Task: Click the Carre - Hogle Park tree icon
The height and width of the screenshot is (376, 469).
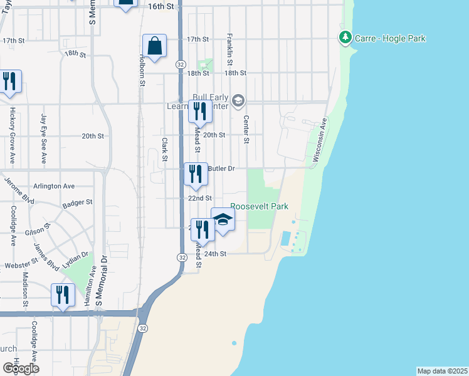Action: (345, 38)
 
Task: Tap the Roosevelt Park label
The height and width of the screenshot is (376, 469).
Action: (254, 206)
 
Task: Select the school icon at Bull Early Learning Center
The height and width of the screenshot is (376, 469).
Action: (238, 100)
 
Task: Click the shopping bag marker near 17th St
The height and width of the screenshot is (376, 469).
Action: (154, 46)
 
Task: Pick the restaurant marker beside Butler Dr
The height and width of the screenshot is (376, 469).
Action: (196, 174)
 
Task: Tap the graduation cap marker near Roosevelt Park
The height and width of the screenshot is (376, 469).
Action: (223, 220)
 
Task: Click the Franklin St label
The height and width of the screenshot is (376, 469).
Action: (229, 50)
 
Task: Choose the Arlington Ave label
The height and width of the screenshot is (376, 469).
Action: (55, 186)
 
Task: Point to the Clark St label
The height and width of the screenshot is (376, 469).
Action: (164, 149)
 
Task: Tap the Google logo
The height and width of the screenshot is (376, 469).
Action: (21, 368)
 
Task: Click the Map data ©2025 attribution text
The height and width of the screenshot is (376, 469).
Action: (442, 371)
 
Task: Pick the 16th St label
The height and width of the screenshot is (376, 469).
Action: (161, 6)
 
